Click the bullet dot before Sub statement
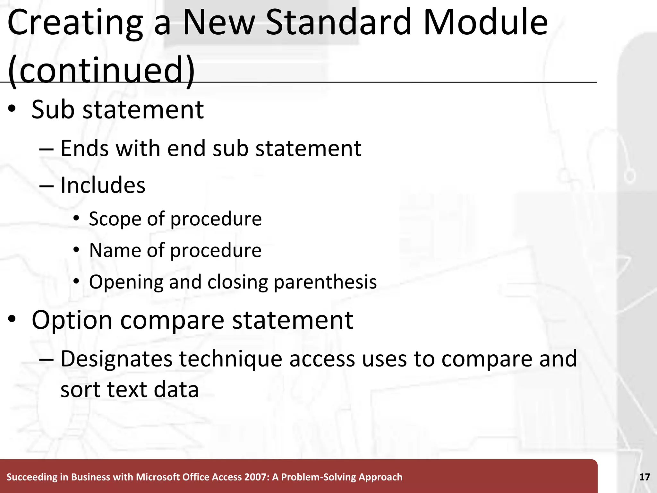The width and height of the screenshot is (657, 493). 12,109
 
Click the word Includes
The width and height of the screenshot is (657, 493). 103,186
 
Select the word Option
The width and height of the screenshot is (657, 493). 72,320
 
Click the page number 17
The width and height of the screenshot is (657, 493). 644,477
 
